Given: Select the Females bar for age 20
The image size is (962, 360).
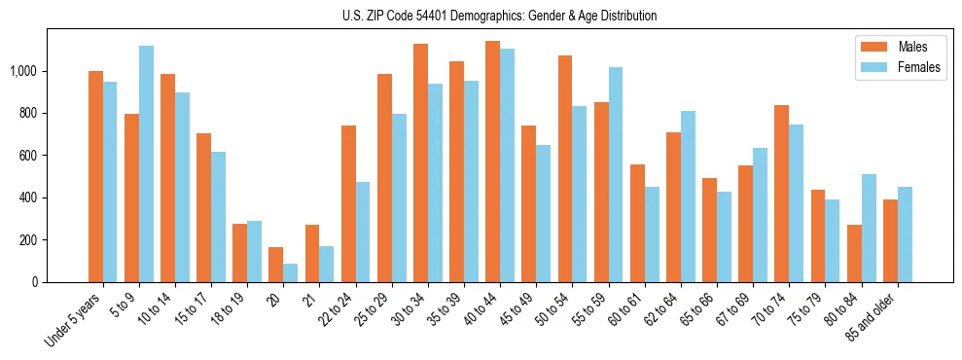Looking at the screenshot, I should coord(291,272).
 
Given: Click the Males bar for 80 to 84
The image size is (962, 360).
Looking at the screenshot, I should coord(854,253).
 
